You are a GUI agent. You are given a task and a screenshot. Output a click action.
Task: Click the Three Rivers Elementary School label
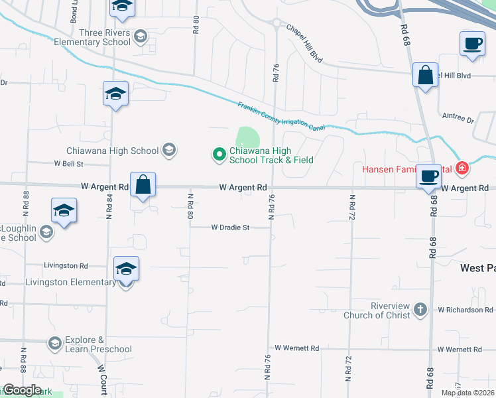(x=104, y=37)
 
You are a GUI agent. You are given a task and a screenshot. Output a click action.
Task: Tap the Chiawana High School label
(x=112, y=151)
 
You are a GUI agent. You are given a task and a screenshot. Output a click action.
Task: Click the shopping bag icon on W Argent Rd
(x=143, y=184)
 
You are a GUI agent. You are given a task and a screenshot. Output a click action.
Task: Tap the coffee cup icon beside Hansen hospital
(x=429, y=176)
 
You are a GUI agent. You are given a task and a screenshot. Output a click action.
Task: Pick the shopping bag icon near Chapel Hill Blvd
(x=425, y=75)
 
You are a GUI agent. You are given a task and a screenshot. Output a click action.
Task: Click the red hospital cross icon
(x=463, y=168)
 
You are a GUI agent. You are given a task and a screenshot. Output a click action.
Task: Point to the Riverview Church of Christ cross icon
(x=420, y=310)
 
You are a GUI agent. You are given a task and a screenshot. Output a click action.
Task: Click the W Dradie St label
(x=230, y=228)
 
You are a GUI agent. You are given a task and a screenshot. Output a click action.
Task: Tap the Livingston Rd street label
(x=66, y=265)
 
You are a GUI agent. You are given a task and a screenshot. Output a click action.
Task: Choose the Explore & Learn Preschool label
(x=98, y=344)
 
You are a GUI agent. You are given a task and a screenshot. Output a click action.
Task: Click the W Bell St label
(x=68, y=163)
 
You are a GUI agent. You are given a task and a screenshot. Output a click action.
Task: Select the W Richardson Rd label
(x=465, y=310)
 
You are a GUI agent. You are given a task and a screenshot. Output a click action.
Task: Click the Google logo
(x=22, y=390)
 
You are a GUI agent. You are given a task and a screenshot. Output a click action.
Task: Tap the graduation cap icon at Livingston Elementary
(x=126, y=269)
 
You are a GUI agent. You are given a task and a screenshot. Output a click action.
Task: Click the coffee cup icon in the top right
(x=472, y=44)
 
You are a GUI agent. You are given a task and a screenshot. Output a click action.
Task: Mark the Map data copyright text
(x=467, y=393)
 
